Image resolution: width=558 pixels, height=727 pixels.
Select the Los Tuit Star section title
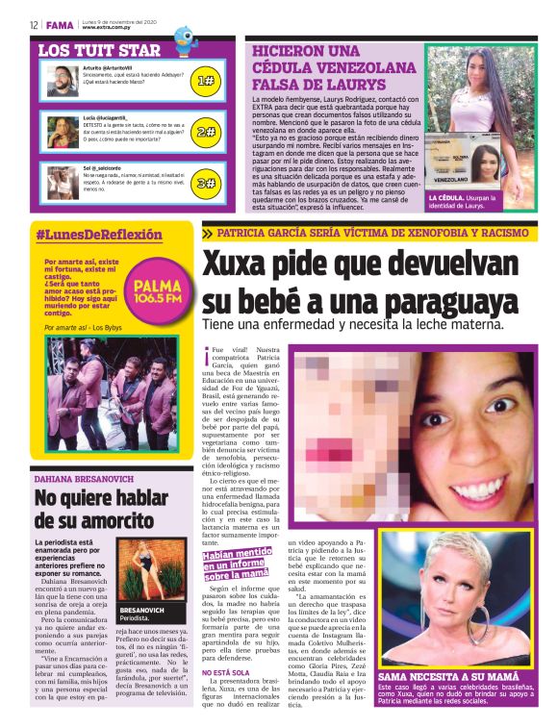tap(99, 50)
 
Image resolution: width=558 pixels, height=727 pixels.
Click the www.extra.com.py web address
tap(108, 27)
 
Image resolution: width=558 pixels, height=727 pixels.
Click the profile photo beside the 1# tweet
tap(62, 81)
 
